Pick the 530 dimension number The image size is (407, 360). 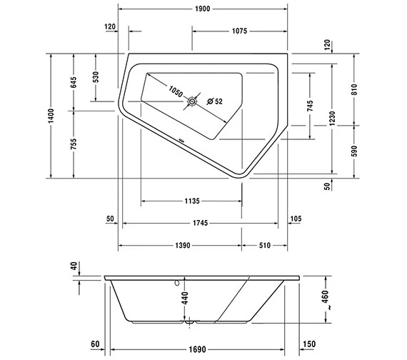(96, 78)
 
